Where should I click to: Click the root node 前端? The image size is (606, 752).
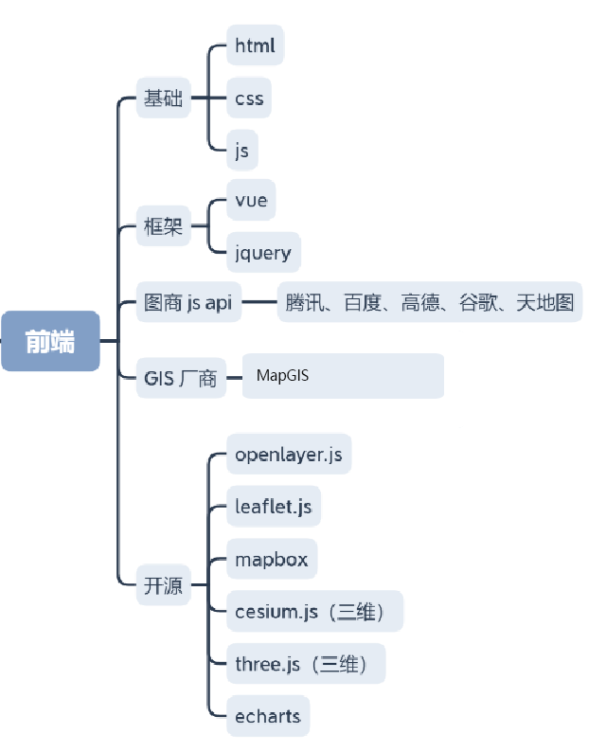pos(50,341)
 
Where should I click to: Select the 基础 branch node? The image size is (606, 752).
pos(163,98)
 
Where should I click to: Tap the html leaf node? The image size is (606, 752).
pos(255,45)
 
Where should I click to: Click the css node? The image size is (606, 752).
pos(249,98)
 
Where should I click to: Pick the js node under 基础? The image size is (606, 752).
pos(241,150)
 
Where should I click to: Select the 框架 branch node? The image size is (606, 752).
pos(163,226)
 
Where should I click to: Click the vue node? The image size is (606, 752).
pos(251,200)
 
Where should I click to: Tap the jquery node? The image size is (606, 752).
pos(263,253)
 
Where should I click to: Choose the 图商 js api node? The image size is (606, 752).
pos(188,303)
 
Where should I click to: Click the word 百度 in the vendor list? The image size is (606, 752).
pos(363,303)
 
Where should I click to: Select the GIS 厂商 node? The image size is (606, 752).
pos(181,379)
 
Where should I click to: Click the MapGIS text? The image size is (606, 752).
pos(282,376)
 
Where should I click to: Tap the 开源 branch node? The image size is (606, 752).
pos(163,585)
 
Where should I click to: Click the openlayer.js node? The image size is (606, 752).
pos(289,455)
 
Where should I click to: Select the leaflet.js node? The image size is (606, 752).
pos(273,507)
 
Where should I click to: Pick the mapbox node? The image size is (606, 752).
pos(272,559)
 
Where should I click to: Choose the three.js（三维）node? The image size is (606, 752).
pos(305,664)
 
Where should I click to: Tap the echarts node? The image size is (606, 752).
pos(268,716)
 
